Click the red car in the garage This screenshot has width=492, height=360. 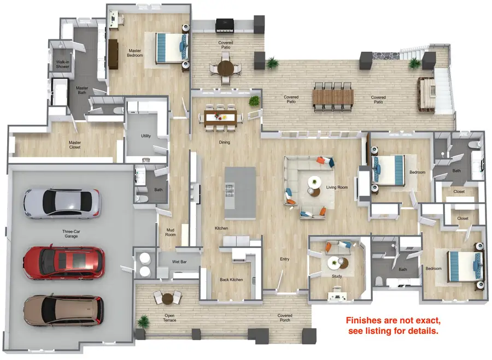pyautogui.click(x=64, y=263)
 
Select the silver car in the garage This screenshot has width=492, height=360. pyautogui.click(x=62, y=203)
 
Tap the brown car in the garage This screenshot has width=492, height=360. pyautogui.click(x=64, y=310)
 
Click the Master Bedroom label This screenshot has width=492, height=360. pyautogui.click(x=135, y=53)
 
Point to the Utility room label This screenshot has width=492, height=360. pyautogui.click(x=146, y=136)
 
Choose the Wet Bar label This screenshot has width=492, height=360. pyautogui.click(x=179, y=262)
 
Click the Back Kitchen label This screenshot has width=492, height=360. pyautogui.click(x=231, y=279)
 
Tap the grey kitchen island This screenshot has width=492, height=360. pyautogui.click(x=241, y=193)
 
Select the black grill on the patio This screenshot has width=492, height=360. pyautogui.click(x=225, y=25)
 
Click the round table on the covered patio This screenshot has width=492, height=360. pyautogui.click(x=226, y=68)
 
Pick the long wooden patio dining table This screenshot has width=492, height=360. pyautogui.click(x=333, y=97)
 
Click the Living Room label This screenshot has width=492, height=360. pyautogui.click(x=337, y=187)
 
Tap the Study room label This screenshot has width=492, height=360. pyautogui.click(x=337, y=276)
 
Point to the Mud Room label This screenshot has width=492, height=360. pyautogui.click(x=171, y=232)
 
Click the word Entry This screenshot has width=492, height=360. pyautogui.click(x=285, y=259)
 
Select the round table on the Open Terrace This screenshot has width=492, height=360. pyautogui.click(x=168, y=298)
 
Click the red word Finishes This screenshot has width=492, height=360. pyautogui.click(x=366, y=321)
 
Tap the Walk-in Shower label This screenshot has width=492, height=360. pyautogui.click(x=63, y=64)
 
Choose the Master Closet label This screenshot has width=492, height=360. pyautogui.click(x=75, y=145)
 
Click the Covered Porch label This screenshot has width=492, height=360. pyautogui.click(x=285, y=318)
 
